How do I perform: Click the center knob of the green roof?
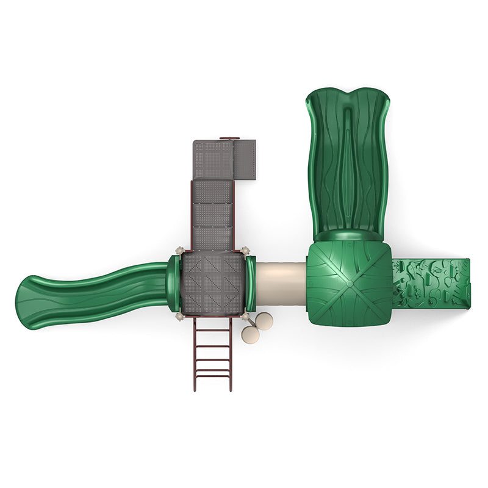[x=349, y=283]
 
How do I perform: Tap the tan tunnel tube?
[x=281, y=285]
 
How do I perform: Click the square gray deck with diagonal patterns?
[x=212, y=283]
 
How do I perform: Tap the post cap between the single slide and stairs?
[x=179, y=250]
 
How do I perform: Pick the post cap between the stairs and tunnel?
[x=245, y=250]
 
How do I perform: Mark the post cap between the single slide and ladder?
[x=179, y=316]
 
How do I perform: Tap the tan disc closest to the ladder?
[x=250, y=335]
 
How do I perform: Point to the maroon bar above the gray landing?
[x=229, y=138]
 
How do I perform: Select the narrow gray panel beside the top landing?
[x=245, y=160]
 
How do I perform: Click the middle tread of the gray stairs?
[x=212, y=215]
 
